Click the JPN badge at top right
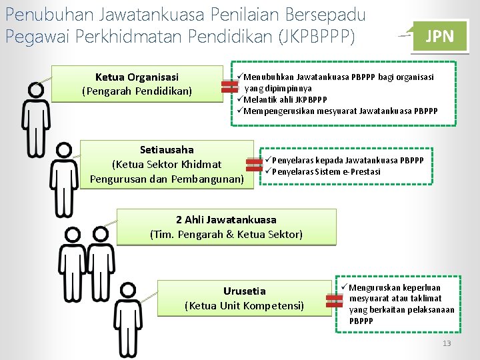439,36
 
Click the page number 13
447,343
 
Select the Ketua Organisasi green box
137,83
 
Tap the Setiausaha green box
167,164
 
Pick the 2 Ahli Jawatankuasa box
226,227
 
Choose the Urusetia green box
244,298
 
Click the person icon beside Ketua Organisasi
35,118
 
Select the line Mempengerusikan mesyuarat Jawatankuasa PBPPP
340,111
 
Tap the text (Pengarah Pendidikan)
137,91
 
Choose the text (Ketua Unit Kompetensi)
244,305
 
